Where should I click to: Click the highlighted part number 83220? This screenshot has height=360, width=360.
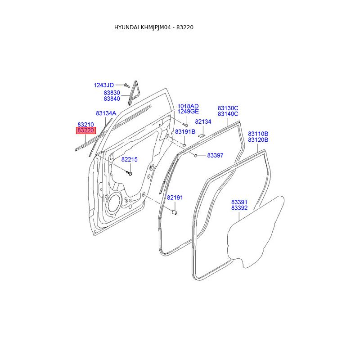85,130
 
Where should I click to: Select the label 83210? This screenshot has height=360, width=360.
85,125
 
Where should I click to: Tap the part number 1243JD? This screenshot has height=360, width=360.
104,85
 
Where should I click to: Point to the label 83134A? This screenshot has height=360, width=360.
106,113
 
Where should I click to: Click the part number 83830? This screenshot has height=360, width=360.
112,93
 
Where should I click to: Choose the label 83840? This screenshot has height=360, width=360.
112,99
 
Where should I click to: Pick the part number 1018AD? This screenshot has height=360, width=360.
188,106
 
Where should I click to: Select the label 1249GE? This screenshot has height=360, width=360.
188,112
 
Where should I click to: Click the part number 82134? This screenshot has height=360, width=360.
203,122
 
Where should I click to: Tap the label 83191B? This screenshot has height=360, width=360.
185,132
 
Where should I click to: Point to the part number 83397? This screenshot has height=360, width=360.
215,156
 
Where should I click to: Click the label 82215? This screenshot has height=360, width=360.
130,160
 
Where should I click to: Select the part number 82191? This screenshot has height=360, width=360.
175,198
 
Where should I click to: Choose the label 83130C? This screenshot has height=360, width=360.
228,108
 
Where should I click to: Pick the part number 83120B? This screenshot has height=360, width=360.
258,140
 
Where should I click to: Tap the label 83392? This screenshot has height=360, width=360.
239,208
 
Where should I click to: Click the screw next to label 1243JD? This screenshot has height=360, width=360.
126,85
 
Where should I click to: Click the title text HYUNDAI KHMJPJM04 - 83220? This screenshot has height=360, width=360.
154,27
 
